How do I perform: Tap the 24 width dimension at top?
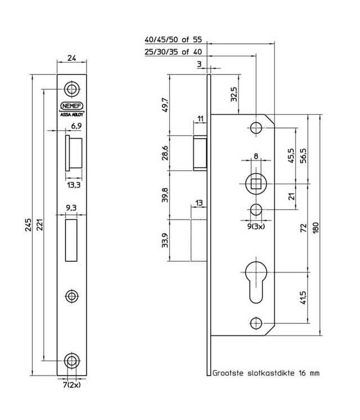[x=71, y=57]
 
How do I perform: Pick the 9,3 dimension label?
[x=71, y=208]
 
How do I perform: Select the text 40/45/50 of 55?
[x=173, y=41]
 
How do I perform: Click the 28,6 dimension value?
[x=165, y=153]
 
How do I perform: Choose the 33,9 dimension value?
[x=165, y=243]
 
